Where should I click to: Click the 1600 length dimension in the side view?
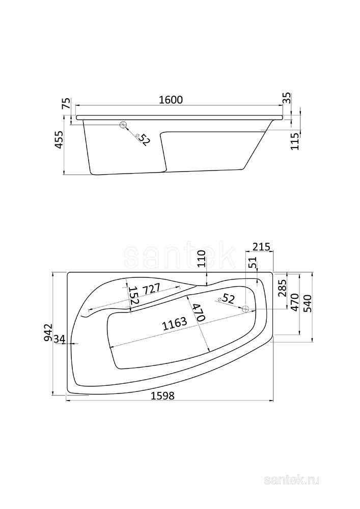[x=171, y=100]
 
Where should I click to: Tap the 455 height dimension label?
[x=59, y=140]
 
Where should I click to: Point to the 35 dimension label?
[x=287, y=98]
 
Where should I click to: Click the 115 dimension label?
[x=295, y=141]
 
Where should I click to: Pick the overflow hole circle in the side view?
[x=123, y=124]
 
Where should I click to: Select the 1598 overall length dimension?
[x=162, y=395]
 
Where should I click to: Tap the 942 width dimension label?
[x=48, y=332]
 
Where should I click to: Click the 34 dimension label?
[x=60, y=339]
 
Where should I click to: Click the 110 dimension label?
[x=202, y=259]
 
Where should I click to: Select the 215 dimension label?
[x=261, y=247]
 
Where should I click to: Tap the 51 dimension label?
[x=254, y=263]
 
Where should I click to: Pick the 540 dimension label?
[x=307, y=303]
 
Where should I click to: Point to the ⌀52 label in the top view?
[x=226, y=299]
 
